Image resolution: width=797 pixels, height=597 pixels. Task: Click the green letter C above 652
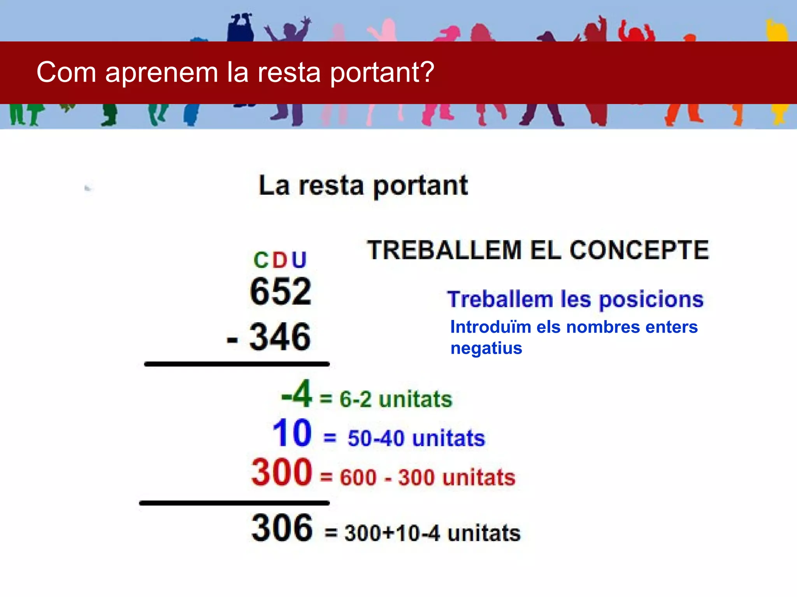tap(261, 260)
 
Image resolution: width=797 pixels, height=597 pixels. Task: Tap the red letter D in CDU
tap(279, 260)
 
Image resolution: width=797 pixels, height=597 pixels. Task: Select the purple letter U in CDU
tap(299, 260)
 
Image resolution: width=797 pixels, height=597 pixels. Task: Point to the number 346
tap(280, 337)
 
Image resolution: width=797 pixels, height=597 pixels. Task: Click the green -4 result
tap(297, 394)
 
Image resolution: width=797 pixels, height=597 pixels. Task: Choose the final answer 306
tap(282, 528)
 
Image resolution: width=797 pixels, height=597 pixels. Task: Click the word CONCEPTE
tap(639, 250)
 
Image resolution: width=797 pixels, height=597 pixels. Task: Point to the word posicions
tap(651, 300)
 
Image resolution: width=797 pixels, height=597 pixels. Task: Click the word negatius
tap(486, 348)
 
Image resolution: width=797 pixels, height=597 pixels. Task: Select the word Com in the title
tap(66, 72)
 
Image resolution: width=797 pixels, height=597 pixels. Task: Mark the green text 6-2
tap(355, 400)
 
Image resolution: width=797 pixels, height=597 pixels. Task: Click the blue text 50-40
tap(376, 438)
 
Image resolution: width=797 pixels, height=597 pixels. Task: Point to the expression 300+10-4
tap(392, 533)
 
